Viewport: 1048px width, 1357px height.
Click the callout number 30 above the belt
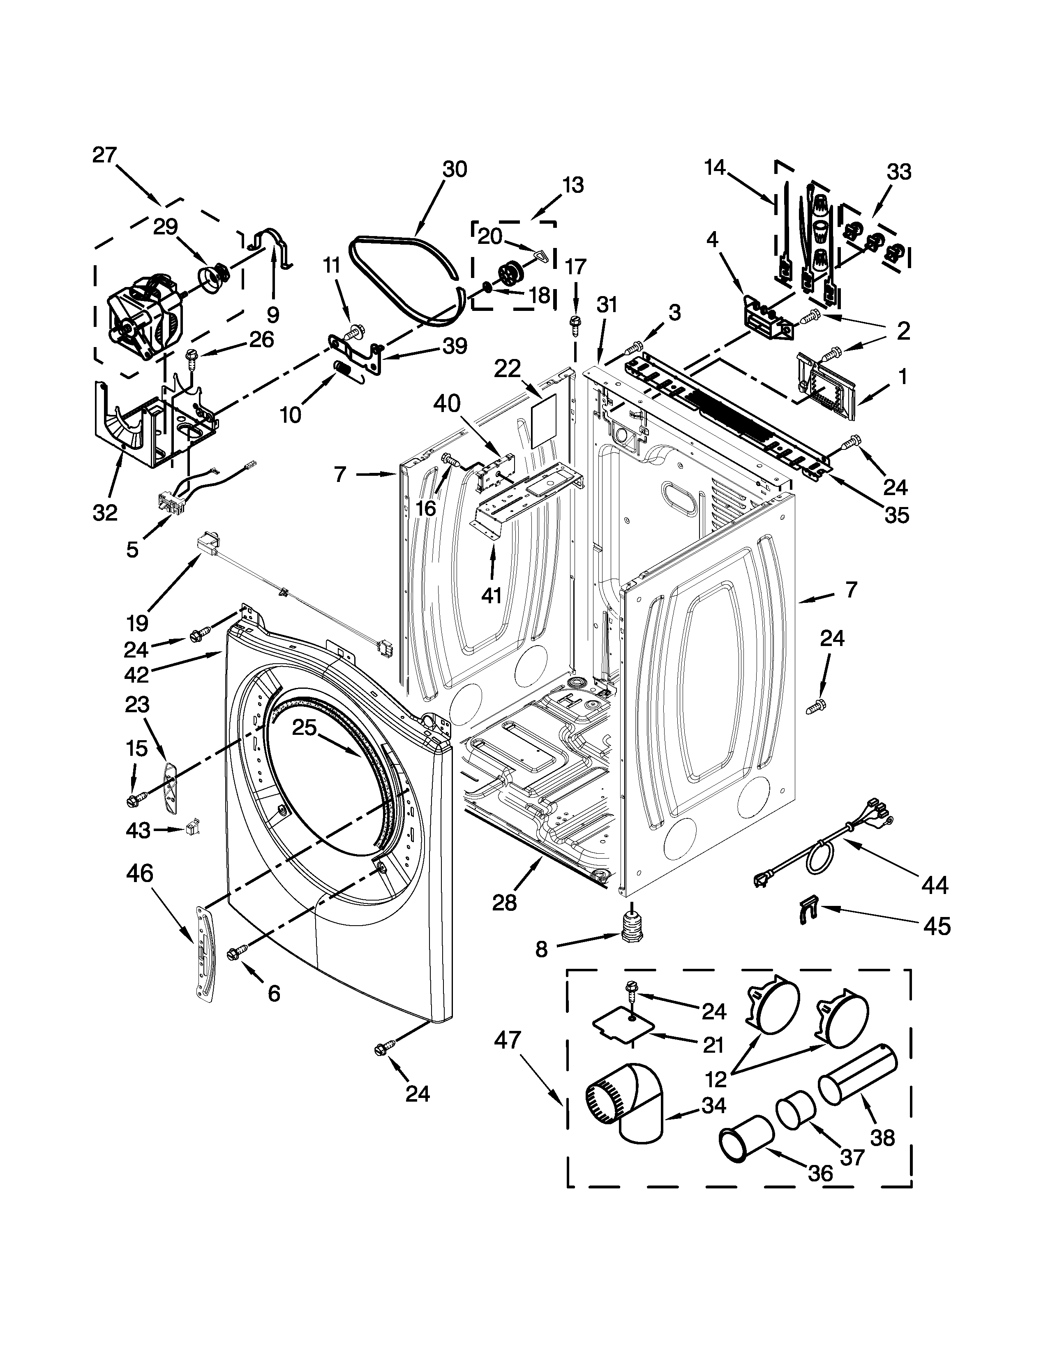(455, 169)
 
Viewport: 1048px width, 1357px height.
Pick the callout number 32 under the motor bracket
(105, 513)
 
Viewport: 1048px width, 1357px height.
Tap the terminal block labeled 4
(767, 319)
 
